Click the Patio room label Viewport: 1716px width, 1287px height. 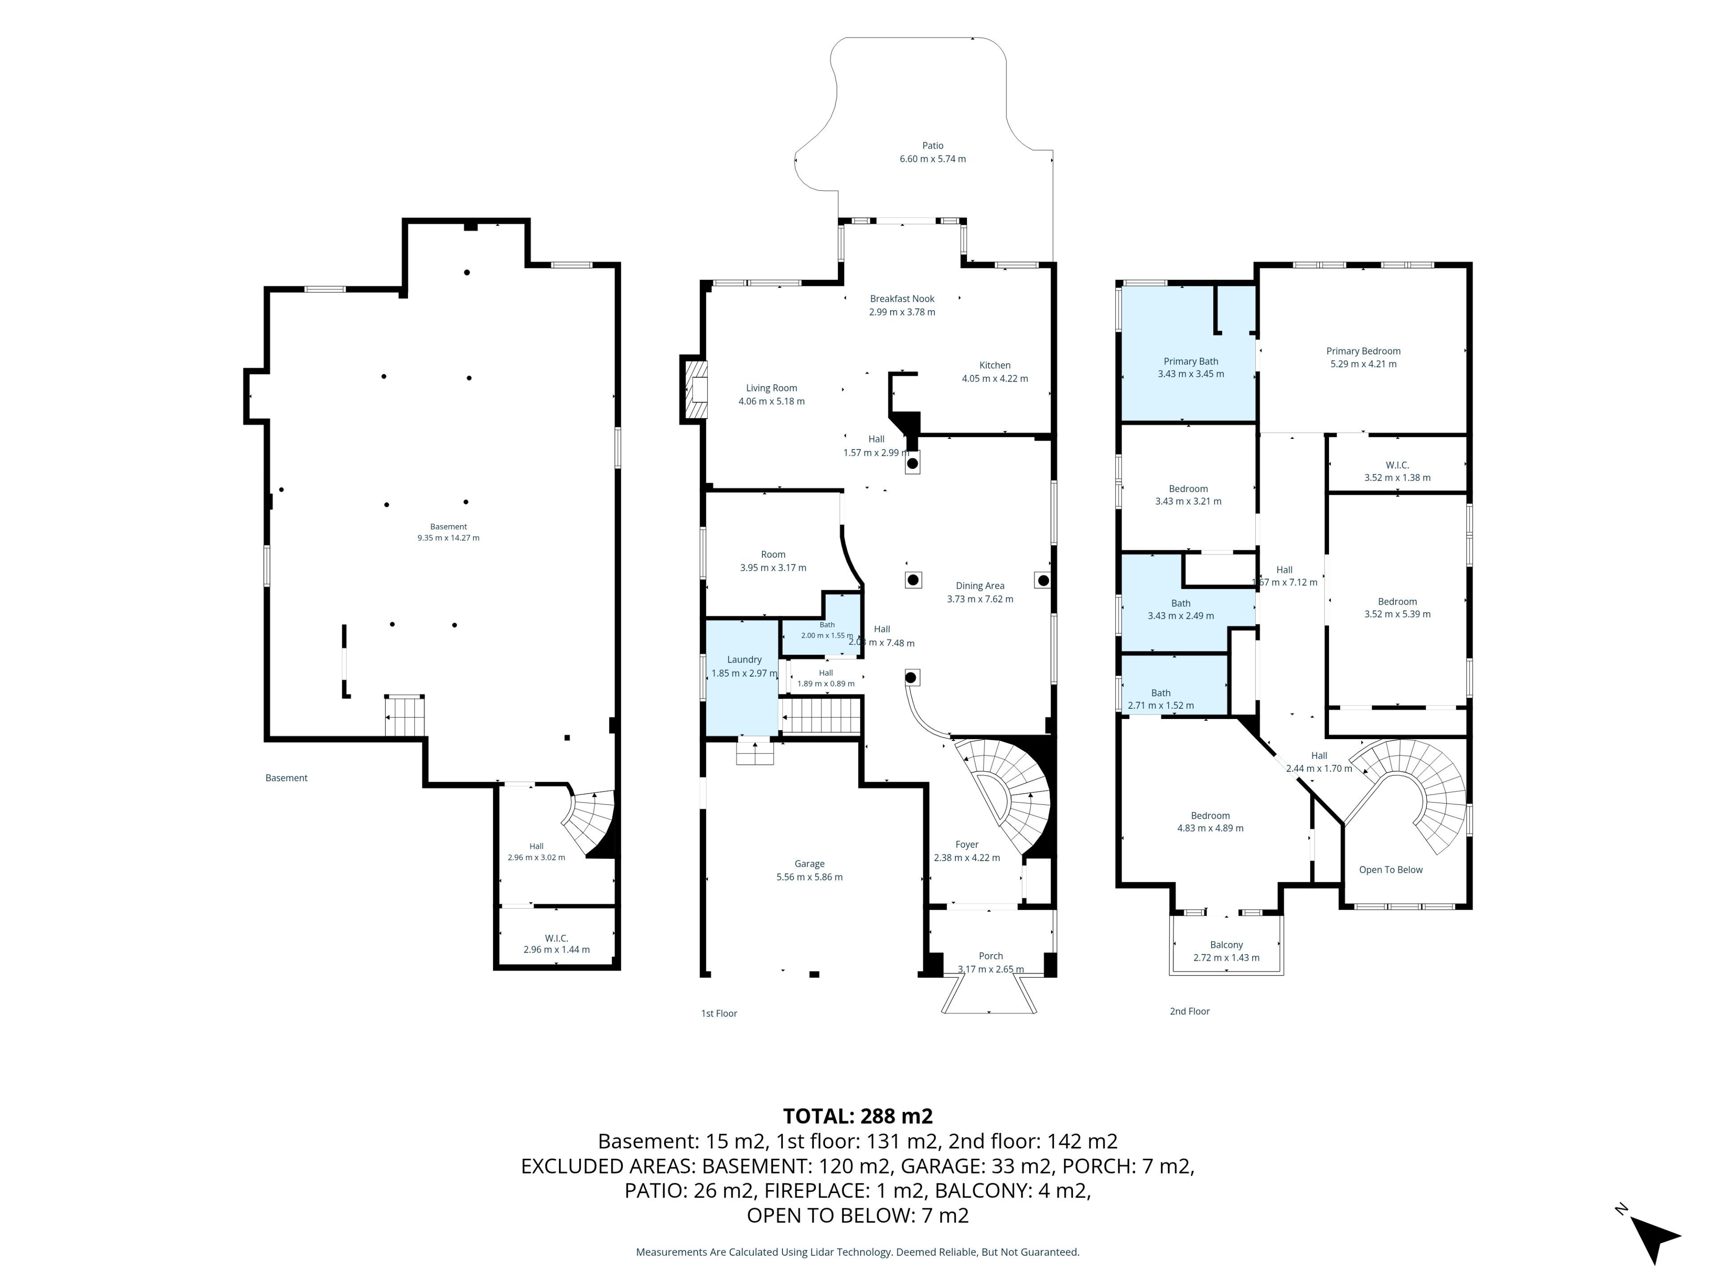coord(933,145)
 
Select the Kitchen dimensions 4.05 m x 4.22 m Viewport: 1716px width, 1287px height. coord(995,379)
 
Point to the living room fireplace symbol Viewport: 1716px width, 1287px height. coord(695,389)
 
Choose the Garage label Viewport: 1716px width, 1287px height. coord(809,863)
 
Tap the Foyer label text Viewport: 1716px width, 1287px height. coord(967,844)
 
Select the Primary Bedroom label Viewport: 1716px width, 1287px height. coord(1363,351)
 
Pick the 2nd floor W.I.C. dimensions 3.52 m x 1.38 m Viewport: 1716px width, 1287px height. coord(1397,478)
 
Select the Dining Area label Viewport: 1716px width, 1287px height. coord(980,586)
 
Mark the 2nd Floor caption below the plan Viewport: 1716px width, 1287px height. coord(1189,1011)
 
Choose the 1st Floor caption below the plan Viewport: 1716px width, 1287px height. coord(719,1013)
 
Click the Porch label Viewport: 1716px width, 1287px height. coord(991,956)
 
